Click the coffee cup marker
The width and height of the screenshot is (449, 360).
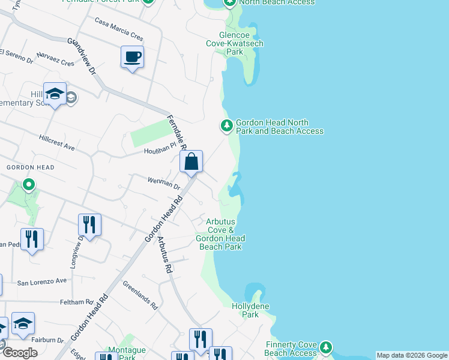point(132,58)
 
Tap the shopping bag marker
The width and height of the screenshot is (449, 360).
point(191,163)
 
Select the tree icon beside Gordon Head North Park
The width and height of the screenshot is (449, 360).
point(226,126)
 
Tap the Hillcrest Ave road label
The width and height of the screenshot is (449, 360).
point(57,146)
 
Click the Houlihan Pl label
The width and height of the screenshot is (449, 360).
point(158,151)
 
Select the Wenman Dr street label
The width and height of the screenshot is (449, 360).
point(164,182)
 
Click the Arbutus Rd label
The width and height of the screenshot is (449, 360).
point(164,256)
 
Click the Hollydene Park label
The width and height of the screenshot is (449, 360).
point(250,310)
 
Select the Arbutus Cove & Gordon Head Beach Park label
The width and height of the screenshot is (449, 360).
point(220,234)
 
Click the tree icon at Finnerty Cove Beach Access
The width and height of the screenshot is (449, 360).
point(325,347)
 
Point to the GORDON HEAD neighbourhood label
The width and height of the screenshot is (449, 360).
point(30,167)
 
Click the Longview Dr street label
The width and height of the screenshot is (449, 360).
point(76,251)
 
